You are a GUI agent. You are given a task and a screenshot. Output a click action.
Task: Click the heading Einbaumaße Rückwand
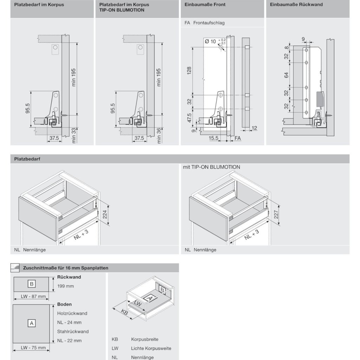pos(296,5)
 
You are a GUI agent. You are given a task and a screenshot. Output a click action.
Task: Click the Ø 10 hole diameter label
pos(210,41)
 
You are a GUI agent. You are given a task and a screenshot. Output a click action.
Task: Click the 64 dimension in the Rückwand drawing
pos(286,75)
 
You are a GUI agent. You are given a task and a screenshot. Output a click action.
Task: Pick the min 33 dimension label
pos(74,136)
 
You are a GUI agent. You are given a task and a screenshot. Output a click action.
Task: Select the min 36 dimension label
pos(159,136)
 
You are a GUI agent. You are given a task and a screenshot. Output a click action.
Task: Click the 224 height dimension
pos(104,214)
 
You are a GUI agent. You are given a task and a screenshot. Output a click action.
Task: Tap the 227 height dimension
pos(276,214)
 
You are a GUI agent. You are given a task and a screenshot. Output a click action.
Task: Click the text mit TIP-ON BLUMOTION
pos(211,167)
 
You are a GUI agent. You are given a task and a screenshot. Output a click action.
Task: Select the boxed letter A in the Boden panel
pos(31,323)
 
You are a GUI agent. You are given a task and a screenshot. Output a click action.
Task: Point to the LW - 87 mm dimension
pos(33,296)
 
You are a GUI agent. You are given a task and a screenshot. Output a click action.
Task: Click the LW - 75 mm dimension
pos(33,348)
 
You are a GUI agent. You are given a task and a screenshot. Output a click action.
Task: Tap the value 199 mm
pos(65,286)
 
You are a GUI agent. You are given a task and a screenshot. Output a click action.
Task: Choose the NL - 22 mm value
pos(69,341)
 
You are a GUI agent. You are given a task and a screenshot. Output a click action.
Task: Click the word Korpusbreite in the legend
pos(144,340)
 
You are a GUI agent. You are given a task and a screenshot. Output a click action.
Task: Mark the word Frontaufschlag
pos(208,23)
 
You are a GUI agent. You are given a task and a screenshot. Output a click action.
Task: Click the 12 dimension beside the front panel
pos(255,128)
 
